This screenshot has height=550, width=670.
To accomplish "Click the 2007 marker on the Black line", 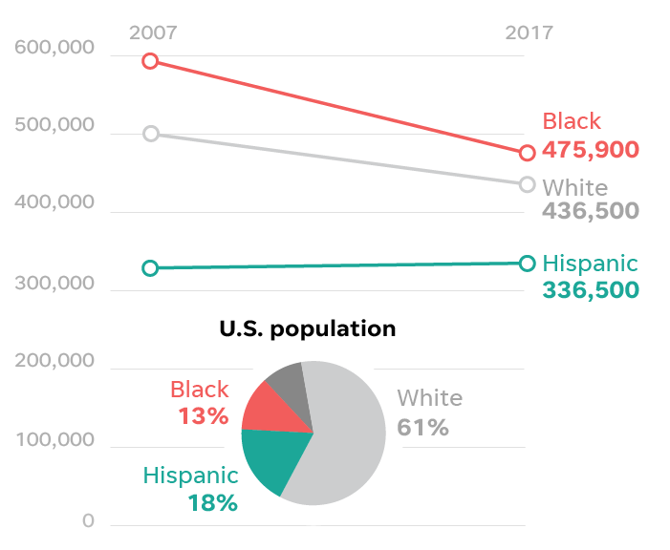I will click(150, 61).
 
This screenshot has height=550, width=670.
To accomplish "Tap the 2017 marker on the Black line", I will click(528, 153).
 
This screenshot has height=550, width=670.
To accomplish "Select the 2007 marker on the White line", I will click(150, 134).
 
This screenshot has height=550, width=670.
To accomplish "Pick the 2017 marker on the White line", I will click(528, 184).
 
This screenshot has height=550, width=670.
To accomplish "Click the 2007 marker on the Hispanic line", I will click(150, 268).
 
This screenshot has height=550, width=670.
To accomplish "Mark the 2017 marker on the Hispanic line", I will click(528, 263).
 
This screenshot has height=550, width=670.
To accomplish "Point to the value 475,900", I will click(590, 150).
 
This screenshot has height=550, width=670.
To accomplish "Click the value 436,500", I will click(590, 211).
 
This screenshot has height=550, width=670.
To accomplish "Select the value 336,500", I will click(590, 288).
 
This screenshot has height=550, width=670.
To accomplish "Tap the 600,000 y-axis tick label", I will click(55, 49).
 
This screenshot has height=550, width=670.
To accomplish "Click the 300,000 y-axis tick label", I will click(55, 284).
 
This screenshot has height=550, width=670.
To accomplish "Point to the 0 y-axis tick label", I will click(88, 521).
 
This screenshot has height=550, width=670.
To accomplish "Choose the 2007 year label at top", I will click(153, 32).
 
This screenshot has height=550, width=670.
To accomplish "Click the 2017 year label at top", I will click(529, 32).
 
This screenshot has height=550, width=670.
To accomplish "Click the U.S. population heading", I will click(307, 329).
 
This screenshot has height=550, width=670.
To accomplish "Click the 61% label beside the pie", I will click(423, 427).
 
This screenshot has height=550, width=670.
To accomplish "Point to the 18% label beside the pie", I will click(212, 502).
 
